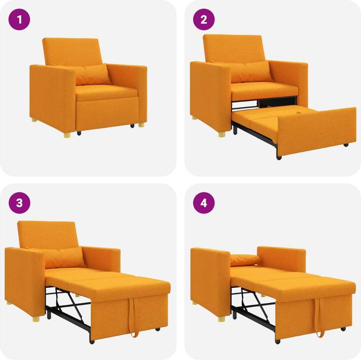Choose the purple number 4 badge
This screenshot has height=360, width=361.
pos(204,203)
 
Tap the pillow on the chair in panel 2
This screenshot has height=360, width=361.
pos(251,72)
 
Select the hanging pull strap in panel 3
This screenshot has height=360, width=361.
pos(133,318)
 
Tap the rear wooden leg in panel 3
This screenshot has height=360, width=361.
pos(9,303)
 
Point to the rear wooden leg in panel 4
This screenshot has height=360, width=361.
pos(194,302)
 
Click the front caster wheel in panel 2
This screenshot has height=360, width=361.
pos(279,157)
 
